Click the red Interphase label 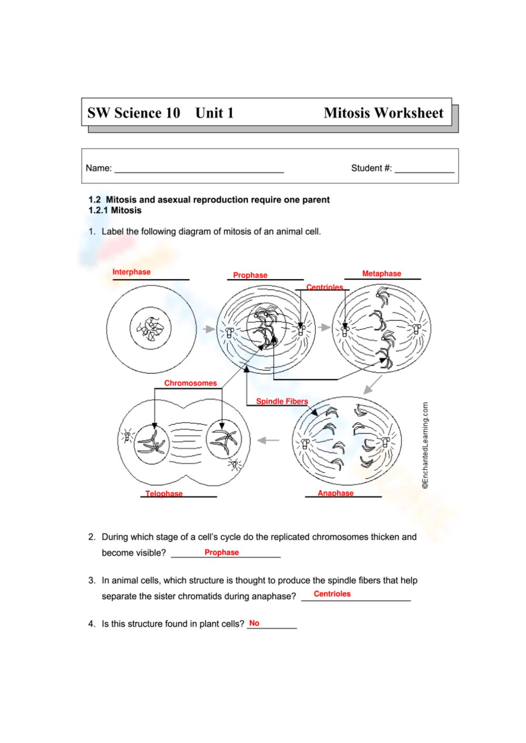click(131, 272)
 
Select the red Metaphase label click(381, 273)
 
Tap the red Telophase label click(164, 493)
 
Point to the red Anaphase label click(336, 493)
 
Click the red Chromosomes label click(190, 383)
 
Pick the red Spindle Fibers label click(282, 401)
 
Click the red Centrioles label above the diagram click(325, 287)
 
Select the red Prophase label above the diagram click(250, 275)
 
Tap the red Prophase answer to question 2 click(221, 552)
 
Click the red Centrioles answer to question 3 click(332, 594)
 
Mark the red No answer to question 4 click(254, 623)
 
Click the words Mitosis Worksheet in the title click(383, 113)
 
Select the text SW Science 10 click(134, 113)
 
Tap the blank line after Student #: click(424, 169)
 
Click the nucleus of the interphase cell click(150, 329)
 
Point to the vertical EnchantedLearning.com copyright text click(425, 445)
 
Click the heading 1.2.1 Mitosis click(115, 210)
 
